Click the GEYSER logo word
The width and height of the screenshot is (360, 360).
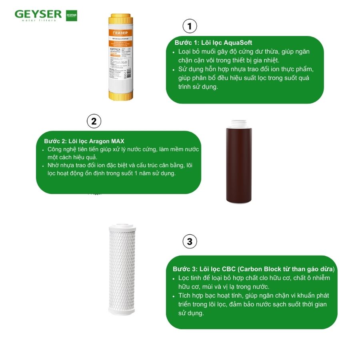tap(38, 14)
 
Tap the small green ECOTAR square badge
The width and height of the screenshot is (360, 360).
tap(72, 15)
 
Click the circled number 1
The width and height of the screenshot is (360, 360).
tap(190, 27)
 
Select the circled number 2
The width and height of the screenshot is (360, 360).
tap(94, 121)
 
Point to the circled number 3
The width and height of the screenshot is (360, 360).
tap(190, 241)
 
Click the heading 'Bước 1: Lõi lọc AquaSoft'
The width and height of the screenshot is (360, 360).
tap(213, 43)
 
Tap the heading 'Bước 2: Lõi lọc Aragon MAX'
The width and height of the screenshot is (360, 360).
tap(84, 141)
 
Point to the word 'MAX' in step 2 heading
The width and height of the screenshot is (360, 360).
tap(117, 141)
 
